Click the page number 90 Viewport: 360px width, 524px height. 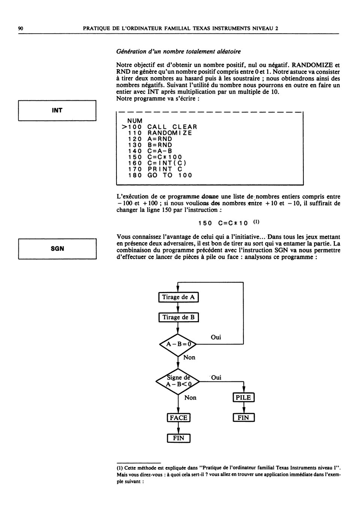(x=21, y=28)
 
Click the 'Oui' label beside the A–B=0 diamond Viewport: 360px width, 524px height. (x=216, y=337)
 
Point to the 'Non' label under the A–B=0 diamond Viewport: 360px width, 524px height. (x=189, y=357)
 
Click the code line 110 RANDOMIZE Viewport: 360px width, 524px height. (x=160, y=133)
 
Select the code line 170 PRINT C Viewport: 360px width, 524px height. (x=155, y=169)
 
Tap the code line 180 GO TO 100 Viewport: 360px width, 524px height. (x=160, y=175)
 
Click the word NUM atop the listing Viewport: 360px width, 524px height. (x=135, y=121)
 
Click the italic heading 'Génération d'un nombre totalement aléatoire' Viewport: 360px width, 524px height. (x=178, y=52)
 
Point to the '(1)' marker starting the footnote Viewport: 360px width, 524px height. (x=120, y=468)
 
